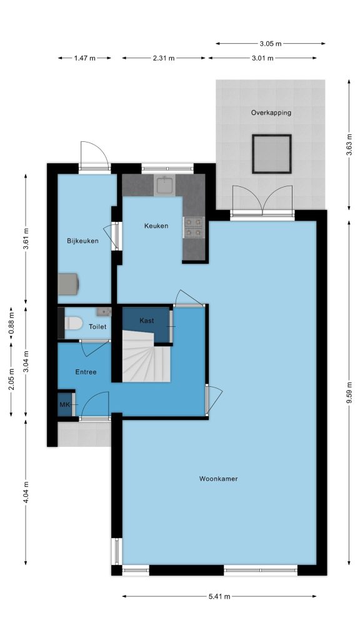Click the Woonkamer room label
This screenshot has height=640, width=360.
(218, 479)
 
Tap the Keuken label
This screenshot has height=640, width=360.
(156, 226)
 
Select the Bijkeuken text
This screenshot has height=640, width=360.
(82, 241)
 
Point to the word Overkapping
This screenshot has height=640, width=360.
(271, 112)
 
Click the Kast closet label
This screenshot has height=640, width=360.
(146, 321)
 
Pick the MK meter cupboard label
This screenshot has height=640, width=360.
(64, 405)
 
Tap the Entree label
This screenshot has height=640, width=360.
(86, 372)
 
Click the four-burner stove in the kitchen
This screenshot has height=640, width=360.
(194, 227)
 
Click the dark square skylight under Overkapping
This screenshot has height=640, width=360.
(271, 154)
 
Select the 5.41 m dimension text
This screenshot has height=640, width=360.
(219, 596)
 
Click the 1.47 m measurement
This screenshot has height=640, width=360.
(84, 58)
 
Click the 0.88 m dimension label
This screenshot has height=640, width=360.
(11, 323)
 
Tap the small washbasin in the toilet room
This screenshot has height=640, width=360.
(104, 312)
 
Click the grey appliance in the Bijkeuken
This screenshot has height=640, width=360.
(69, 284)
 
